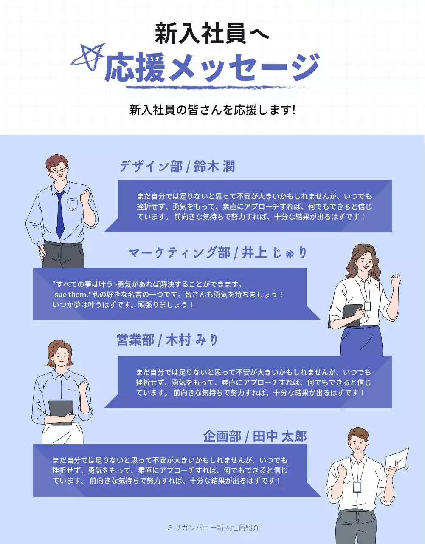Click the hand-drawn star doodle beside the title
tap(88, 56)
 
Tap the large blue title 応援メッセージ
tap(212, 68)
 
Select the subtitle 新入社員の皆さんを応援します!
tap(212, 110)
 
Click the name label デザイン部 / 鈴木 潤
tap(177, 166)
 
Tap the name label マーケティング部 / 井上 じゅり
tap(218, 253)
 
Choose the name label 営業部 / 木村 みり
tap(167, 340)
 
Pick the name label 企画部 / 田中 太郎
tap(255, 436)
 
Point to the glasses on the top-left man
tap(59, 170)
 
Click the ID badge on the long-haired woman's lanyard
tap(367, 306)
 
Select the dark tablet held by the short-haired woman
tap(61, 411)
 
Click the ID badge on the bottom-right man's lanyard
tap(357, 487)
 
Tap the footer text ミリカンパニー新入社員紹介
tap(213, 528)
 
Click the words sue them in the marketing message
tap(71, 295)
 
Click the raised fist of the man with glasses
tap(86, 196)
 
